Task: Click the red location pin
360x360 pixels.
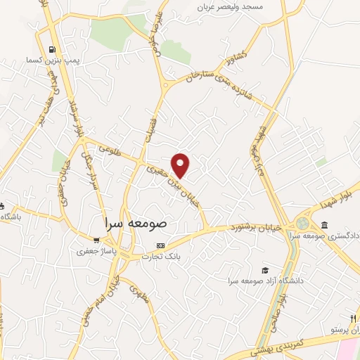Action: click(181, 165)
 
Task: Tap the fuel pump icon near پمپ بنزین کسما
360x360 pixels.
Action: click(52, 49)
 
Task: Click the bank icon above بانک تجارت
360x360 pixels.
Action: click(161, 246)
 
